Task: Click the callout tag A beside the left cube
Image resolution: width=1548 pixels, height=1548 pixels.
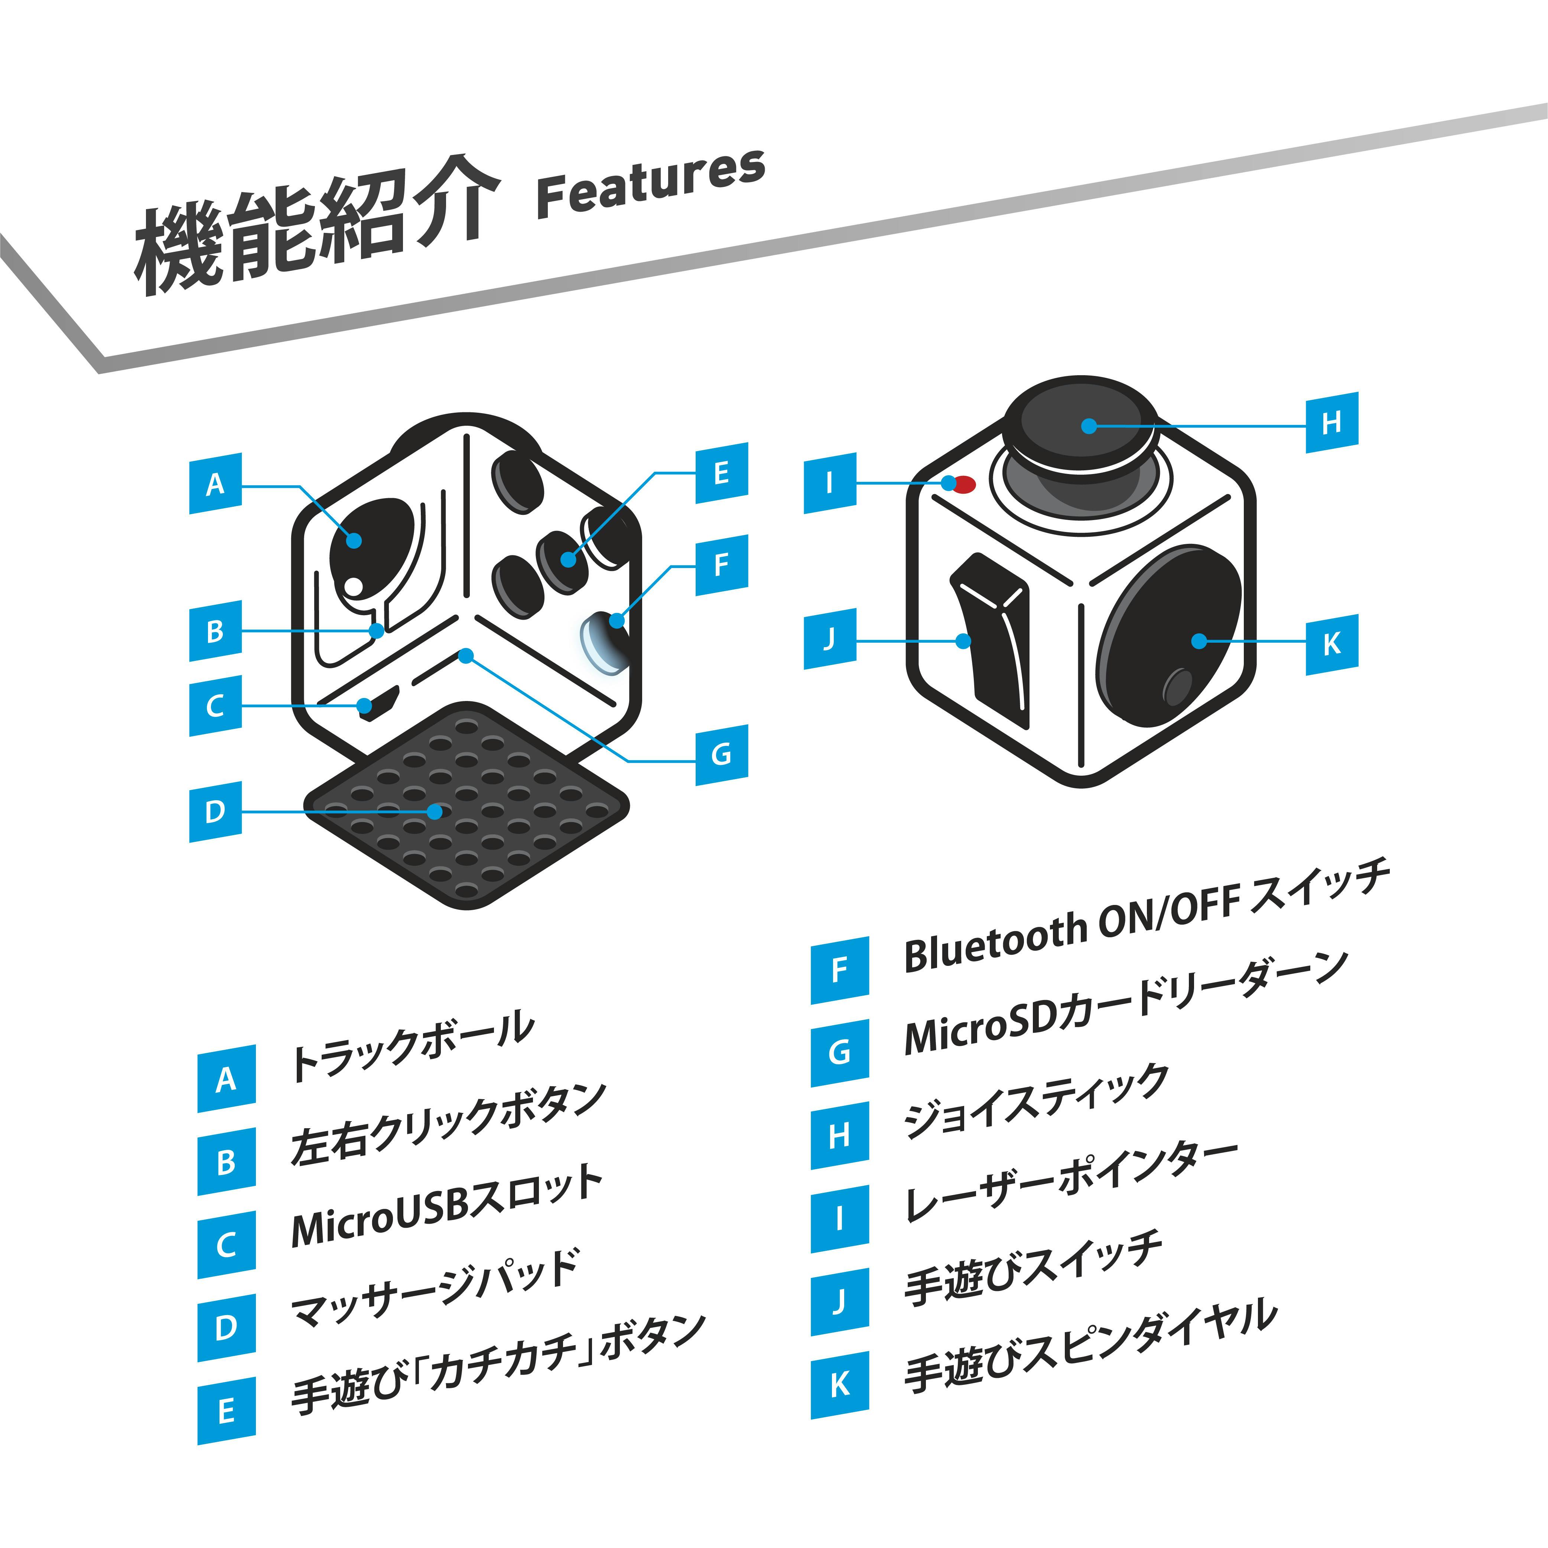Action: (215, 484)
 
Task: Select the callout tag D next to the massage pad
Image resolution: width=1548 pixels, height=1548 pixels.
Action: (215, 812)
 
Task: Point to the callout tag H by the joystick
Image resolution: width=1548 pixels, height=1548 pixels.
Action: (1332, 422)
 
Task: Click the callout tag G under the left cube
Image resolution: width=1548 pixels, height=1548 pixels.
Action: (721, 754)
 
